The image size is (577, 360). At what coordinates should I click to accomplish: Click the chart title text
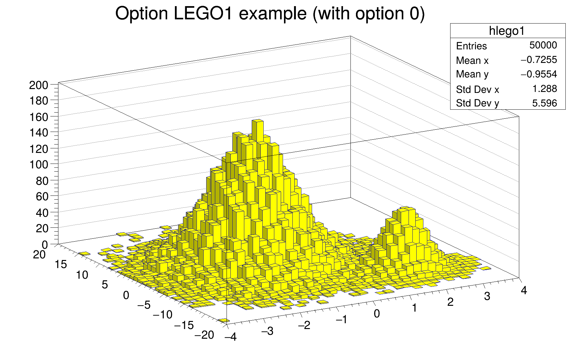(270, 14)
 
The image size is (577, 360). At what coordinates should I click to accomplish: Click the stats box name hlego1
(507, 31)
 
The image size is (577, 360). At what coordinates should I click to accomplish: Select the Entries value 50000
(543, 45)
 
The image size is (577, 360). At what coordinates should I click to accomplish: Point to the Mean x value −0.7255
(539, 60)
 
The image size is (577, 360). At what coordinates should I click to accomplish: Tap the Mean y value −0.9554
(539, 74)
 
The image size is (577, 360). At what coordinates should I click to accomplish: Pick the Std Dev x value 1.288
(544, 89)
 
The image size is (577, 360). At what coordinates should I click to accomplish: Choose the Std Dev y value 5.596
(544, 103)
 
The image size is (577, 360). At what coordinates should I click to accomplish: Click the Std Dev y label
(477, 103)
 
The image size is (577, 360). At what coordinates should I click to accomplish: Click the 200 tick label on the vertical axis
(38, 85)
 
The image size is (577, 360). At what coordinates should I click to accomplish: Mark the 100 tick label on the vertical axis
(38, 165)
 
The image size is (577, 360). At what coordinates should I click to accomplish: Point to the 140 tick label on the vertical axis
(38, 133)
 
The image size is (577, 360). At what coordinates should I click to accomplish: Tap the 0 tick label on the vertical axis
(45, 245)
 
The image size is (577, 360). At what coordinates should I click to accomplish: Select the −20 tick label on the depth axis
(204, 335)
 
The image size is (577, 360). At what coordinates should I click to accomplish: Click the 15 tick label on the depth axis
(61, 265)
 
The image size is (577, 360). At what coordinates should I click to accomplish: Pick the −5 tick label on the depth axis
(144, 305)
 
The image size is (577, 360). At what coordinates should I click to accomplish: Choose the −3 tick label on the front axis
(267, 331)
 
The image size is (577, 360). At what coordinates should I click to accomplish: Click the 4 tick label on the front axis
(524, 291)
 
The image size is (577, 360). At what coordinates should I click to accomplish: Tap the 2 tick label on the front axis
(450, 302)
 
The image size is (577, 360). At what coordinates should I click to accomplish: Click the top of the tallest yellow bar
(258, 121)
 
